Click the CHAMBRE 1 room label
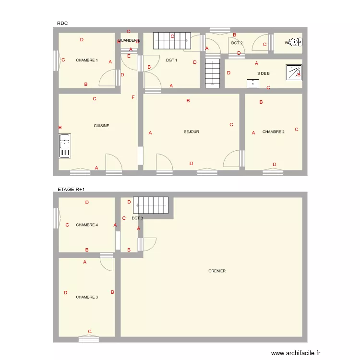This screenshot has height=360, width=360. (x=87, y=60)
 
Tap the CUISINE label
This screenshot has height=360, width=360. (x=101, y=126)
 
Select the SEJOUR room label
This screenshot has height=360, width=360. (x=192, y=132)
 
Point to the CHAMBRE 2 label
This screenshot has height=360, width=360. (x=274, y=132)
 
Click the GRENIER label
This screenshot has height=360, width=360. (x=217, y=271)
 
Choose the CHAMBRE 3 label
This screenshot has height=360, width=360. (x=87, y=297)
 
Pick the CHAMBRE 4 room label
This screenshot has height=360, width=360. (x=87, y=225)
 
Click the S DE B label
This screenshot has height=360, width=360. (x=264, y=73)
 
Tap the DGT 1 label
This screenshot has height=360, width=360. (x=172, y=60)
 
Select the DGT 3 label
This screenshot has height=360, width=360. (x=137, y=218)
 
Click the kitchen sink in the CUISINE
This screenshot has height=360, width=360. (x=65, y=146)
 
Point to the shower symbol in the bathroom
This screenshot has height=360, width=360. (x=293, y=72)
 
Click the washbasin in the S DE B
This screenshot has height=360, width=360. (x=252, y=84)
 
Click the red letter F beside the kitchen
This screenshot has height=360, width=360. (x=133, y=98)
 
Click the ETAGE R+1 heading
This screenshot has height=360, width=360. (x=71, y=190)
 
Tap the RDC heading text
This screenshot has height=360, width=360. (x=62, y=24)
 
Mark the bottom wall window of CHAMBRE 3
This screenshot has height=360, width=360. (x=90, y=338)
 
